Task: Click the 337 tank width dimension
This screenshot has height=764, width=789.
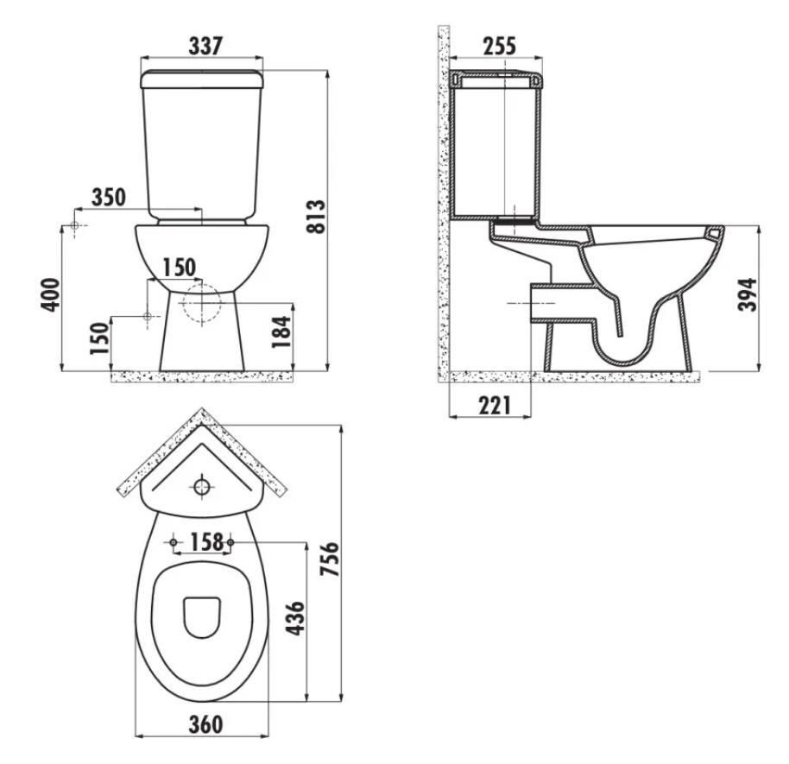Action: click(205, 46)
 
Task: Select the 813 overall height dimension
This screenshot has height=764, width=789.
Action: click(317, 217)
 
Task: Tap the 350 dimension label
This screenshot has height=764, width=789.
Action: click(109, 198)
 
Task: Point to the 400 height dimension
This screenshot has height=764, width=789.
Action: click(50, 295)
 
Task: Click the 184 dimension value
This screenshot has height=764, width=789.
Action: click(281, 331)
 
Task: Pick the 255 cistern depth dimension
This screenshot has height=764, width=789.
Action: click(500, 46)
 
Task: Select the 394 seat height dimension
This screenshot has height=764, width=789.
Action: click(748, 294)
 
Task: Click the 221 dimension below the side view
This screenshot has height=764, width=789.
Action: click(494, 406)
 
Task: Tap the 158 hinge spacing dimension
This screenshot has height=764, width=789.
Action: click(206, 542)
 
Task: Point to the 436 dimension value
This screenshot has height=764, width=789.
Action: click(295, 618)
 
